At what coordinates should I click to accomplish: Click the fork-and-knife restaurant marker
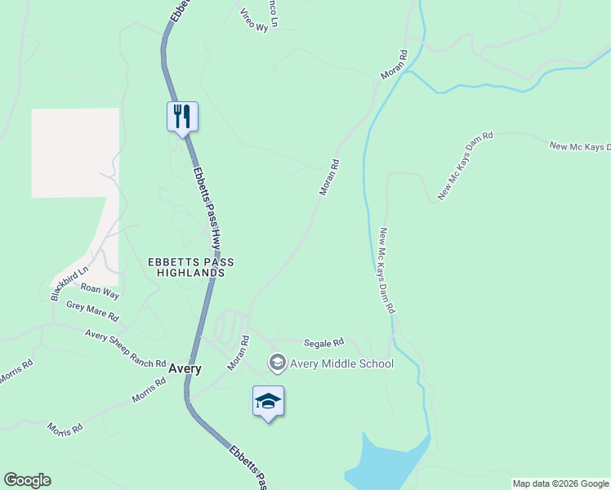[182, 116]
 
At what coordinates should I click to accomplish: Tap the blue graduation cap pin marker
[268, 401]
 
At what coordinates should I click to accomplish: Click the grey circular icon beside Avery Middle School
[277, 363]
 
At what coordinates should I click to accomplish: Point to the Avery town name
[185, 368]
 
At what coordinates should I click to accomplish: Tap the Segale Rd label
[323, 343]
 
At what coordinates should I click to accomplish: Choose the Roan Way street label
[100, 291]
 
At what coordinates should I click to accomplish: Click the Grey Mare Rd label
[92, 310]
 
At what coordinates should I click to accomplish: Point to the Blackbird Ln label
[69, 283]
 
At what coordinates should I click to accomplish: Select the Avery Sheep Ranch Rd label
[125, 349]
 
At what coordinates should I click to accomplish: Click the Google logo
[27, 480]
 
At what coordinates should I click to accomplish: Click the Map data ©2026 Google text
[560, 483]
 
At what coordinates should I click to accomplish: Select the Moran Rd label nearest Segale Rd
[238, 352]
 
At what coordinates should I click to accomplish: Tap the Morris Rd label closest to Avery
[149, 393]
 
